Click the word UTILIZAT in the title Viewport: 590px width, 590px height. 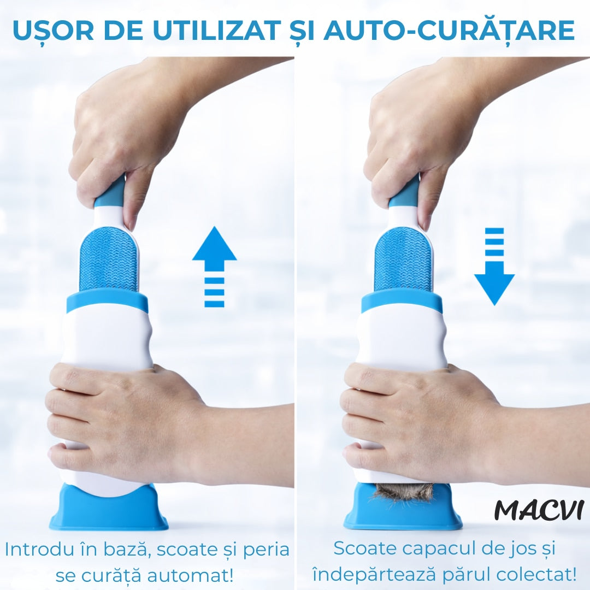click(x=217, y=29)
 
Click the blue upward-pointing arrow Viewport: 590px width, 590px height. click(x=215, y=267)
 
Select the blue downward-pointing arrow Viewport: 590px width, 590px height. click(x=494, y=267)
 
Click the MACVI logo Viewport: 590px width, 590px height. click(x=539, y=510)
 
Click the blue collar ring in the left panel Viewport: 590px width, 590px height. click(x=107, y=302)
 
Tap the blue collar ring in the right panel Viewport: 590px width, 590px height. click(x=402, y=302)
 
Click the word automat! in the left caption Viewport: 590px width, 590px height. click(x=190, y=575)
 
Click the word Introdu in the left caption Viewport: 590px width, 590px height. click(x=39, y=550)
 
